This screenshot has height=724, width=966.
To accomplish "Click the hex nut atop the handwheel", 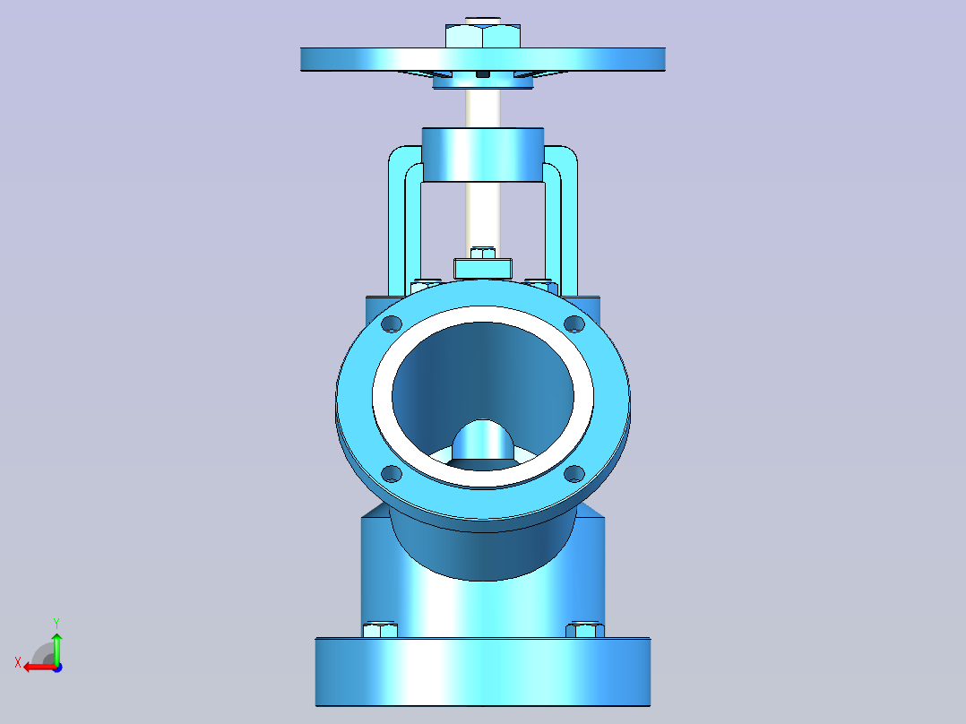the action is click(x=483, y=36).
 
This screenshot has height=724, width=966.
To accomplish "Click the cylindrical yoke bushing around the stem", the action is click(x=483, y=155).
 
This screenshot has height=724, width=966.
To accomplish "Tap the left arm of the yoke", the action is click(x=397, y=222).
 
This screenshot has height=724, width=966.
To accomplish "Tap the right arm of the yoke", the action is click(x=569, y=222).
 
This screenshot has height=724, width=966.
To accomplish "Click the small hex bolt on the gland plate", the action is click(x=483, y=253).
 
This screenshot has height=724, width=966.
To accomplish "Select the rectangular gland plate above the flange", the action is click(x=483, y=269).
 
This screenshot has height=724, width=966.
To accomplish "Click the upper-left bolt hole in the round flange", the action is click(x=392, y=323).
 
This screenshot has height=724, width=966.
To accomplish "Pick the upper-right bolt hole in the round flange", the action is click(x=574, y=323).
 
